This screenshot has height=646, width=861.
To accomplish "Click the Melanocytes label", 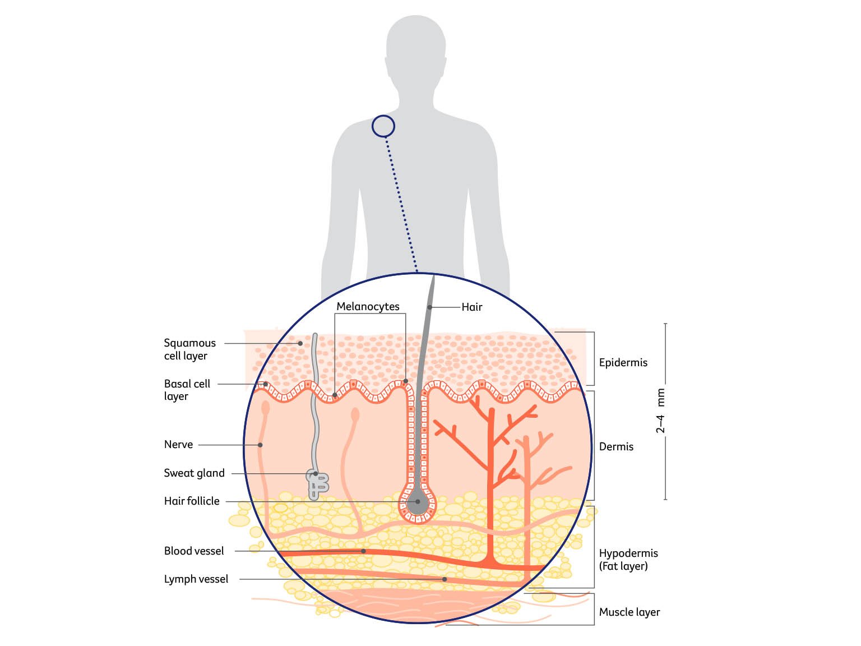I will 368,306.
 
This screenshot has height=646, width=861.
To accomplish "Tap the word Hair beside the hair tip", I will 471,307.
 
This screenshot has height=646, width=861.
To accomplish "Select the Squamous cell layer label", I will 189,349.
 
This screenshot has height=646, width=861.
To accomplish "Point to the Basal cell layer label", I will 187,390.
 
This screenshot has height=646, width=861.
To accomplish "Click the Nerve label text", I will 178,444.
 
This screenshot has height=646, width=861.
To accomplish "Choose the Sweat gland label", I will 194,473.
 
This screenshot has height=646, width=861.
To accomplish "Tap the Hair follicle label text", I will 192,501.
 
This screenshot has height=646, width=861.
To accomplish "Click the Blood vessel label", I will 194,551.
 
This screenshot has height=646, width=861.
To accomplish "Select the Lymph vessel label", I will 196,579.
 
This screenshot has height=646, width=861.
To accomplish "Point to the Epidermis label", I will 623,362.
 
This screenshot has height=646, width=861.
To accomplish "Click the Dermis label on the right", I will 616,446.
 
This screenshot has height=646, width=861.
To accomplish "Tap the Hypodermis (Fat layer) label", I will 628,559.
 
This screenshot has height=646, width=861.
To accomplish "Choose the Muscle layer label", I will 629,612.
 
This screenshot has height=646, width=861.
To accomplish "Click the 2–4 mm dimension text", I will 660,411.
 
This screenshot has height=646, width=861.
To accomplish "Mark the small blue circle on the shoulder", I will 383,126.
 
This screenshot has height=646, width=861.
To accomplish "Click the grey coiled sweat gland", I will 317,484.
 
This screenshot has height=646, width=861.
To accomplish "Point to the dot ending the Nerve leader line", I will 260,445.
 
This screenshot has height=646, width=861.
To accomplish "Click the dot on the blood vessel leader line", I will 363,551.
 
